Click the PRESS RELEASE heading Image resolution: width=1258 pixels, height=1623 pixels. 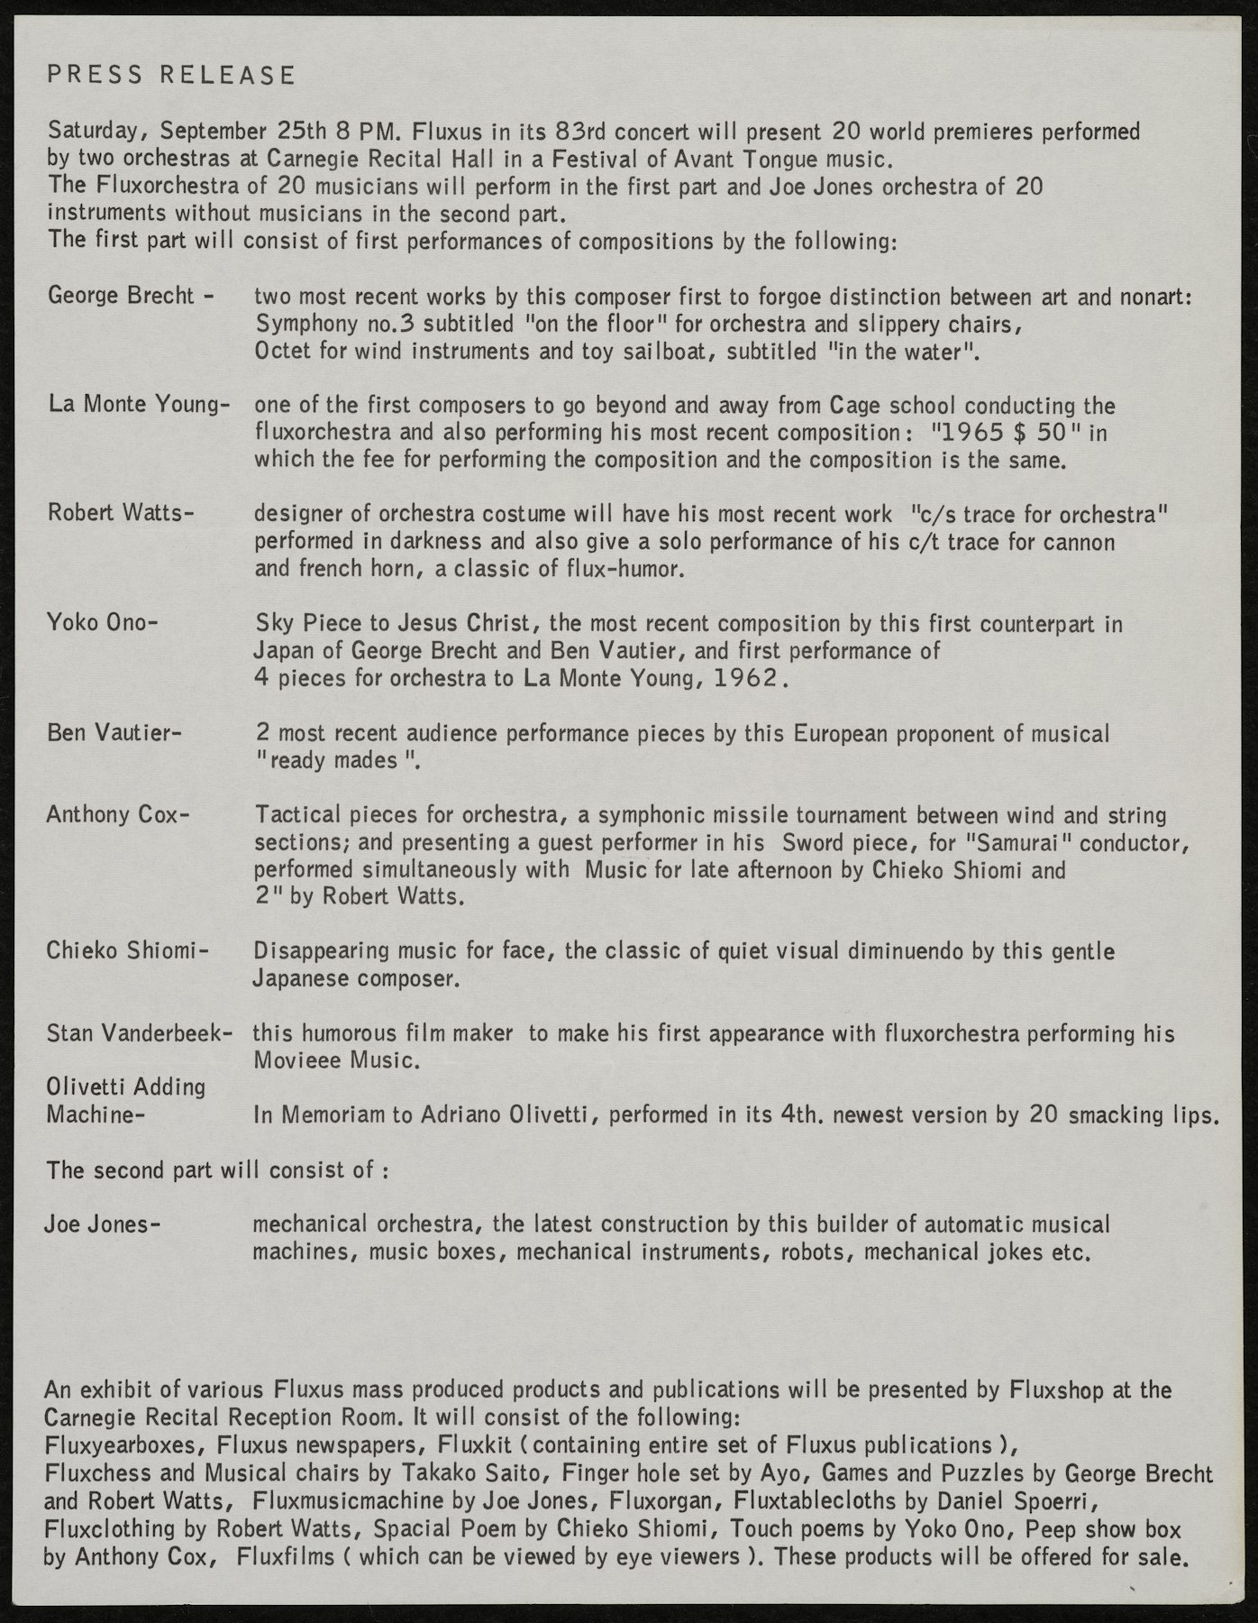tap(171, 75)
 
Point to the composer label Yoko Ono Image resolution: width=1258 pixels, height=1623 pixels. tap(101, 622)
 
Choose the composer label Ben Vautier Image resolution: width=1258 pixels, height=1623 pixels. tap(114, 731)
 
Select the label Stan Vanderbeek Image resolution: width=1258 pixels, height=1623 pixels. tap(140, 1032)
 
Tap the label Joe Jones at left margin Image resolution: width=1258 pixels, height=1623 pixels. tap(103, 1224)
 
